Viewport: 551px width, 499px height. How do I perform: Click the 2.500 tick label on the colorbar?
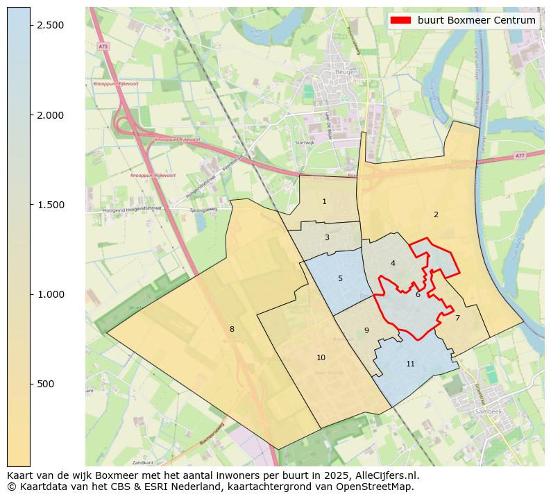coord(51,25)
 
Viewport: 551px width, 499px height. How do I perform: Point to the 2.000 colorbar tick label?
coord(51,115)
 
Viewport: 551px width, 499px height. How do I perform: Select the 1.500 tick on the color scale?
coord(51,205)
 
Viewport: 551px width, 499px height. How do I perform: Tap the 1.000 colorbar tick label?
coord(51,294)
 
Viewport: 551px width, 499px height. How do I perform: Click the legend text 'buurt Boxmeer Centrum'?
coord(476,20)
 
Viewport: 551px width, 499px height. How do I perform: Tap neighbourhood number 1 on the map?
coord(324,201)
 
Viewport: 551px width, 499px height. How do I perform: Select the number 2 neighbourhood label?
coord(436,214)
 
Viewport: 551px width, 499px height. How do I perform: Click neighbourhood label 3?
coord(327,237)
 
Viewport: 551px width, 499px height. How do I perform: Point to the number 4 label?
coord(393,263)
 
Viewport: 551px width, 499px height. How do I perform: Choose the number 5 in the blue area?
coord(340,278)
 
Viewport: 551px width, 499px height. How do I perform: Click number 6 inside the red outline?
coord(418,294)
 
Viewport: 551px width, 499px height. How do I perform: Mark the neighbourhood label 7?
coord(457,318)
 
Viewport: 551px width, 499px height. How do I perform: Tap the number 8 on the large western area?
coord(232,329)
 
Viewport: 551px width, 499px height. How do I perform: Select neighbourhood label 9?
coord(366,330)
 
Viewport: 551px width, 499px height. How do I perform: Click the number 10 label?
coord(321,357)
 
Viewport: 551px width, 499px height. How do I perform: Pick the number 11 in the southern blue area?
coord(410,364)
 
